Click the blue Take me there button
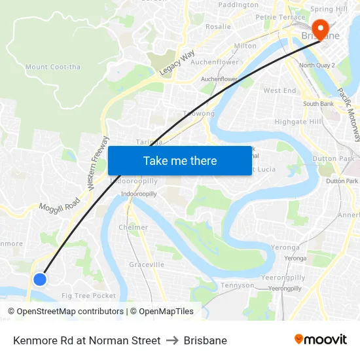[179, 160]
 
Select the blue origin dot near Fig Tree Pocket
[39, 279]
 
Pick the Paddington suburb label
[238, 5]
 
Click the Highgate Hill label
[298, 122]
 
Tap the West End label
[280, 91]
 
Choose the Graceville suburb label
[147, 264]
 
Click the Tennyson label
[237, 285]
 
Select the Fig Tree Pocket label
[88, 296]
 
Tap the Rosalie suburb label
[219, 27]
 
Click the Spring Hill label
[329, 9]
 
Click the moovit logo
[321, 340]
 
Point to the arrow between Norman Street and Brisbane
[172, 340]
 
